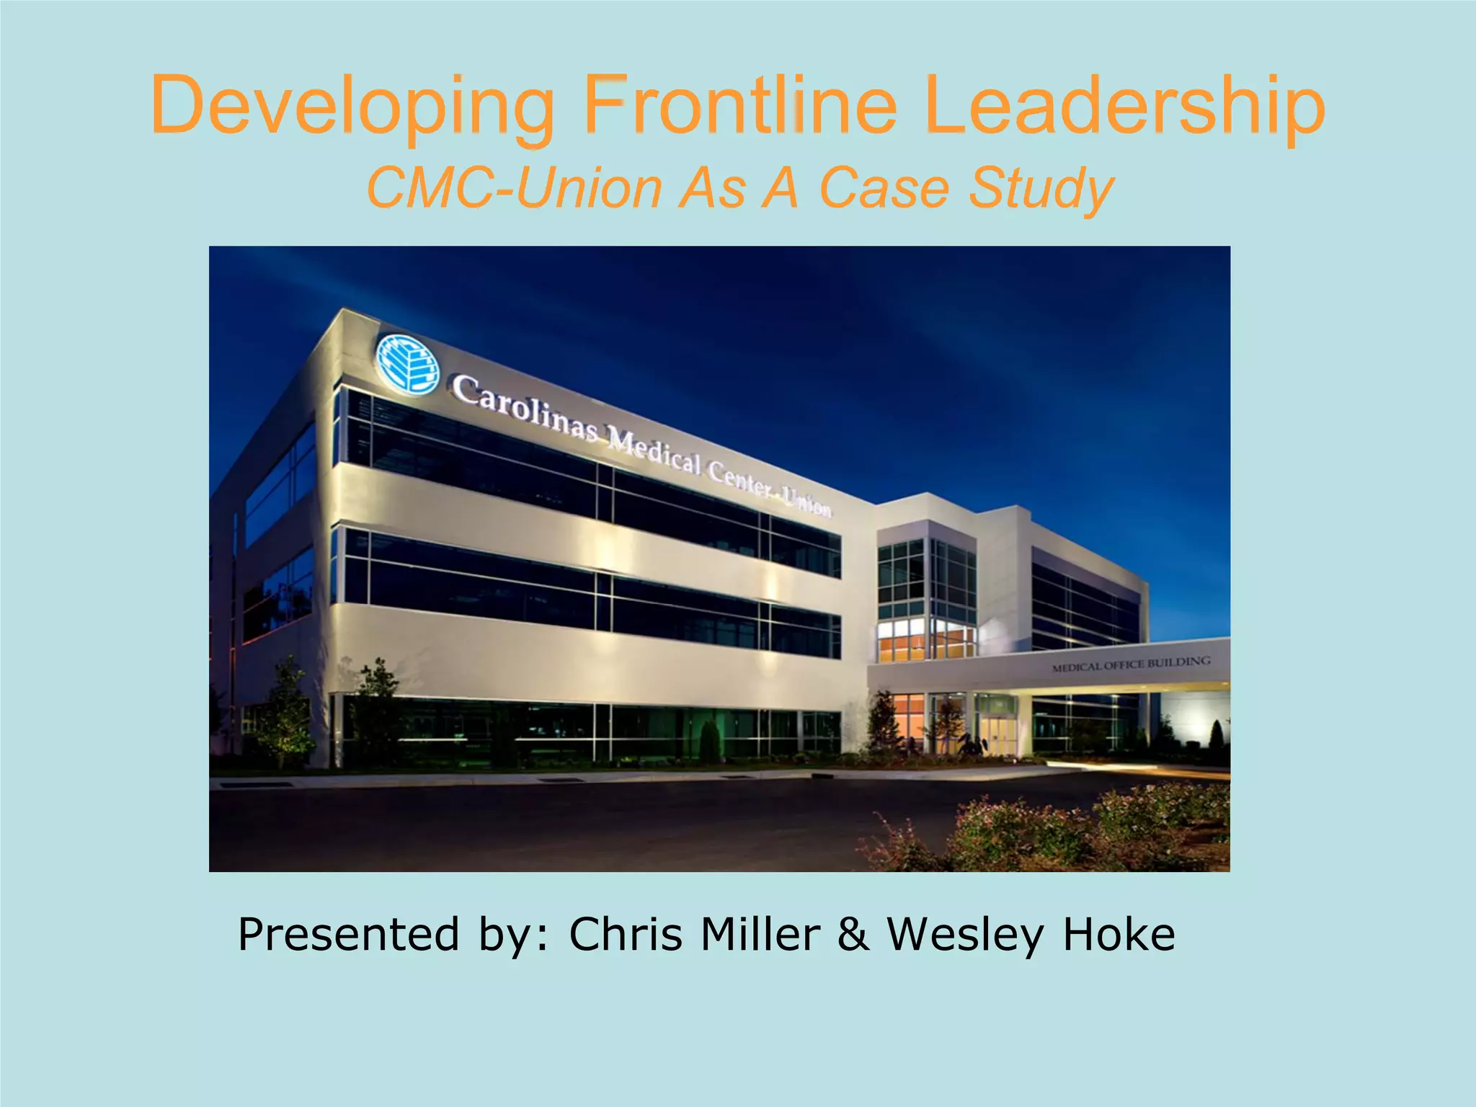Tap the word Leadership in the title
(1124, 107)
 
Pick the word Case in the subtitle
(884, 188)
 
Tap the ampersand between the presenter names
(853, 934)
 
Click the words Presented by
(394, 935)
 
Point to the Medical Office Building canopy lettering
(1131, 663)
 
